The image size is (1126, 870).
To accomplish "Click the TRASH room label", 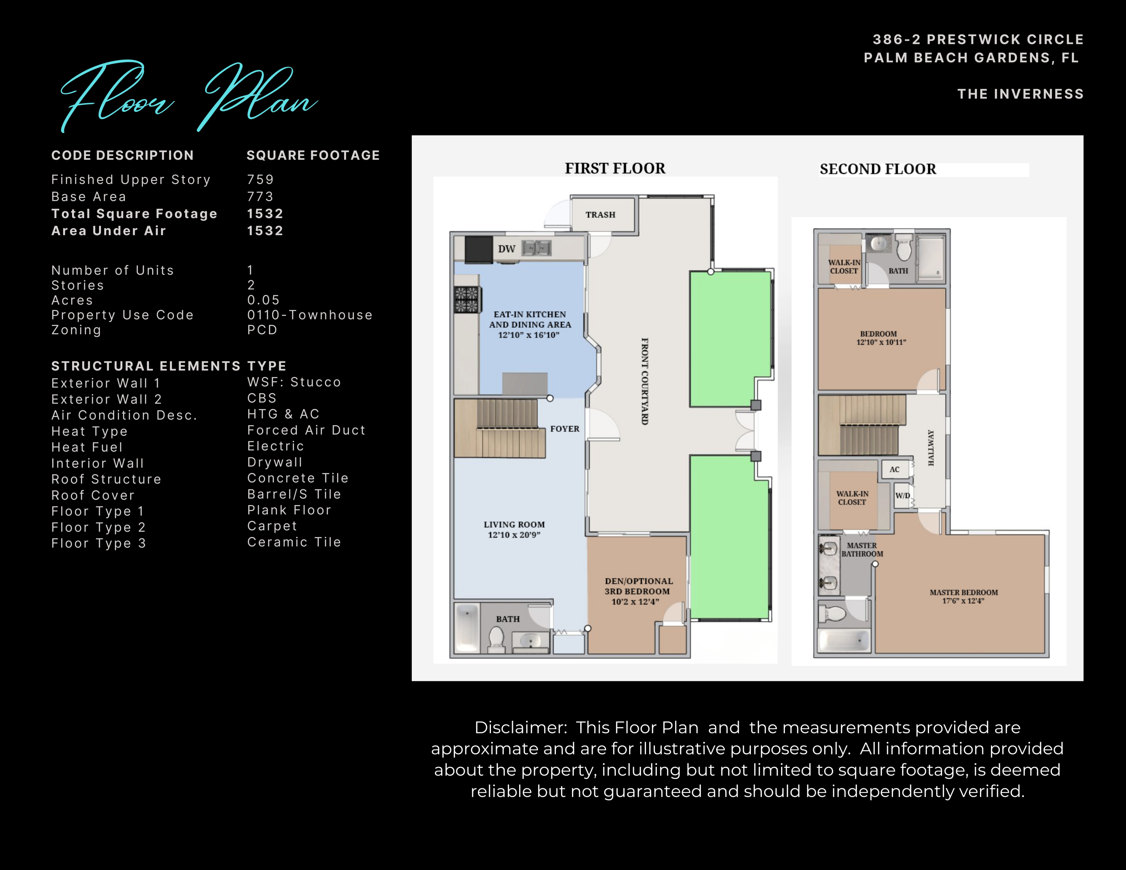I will (600, 215).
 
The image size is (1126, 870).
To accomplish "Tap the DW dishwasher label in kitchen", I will (506, 249).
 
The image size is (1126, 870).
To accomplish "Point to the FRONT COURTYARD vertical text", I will (644, 381).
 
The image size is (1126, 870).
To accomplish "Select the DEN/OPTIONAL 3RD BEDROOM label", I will (638, 591).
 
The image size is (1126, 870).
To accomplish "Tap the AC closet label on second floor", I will (894, 470).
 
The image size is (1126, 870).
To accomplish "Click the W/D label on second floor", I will (902, 496).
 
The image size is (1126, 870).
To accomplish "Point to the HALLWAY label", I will (931, 448).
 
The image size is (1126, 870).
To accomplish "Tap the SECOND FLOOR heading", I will (878, 169).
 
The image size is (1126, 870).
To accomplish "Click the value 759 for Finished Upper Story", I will (260, 179).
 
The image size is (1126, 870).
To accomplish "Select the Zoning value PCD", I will (262, 330).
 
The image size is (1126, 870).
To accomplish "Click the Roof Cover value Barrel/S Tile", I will (294, 494).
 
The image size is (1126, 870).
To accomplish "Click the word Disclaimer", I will (520, 727).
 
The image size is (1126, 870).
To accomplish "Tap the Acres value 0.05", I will (263, 300).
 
